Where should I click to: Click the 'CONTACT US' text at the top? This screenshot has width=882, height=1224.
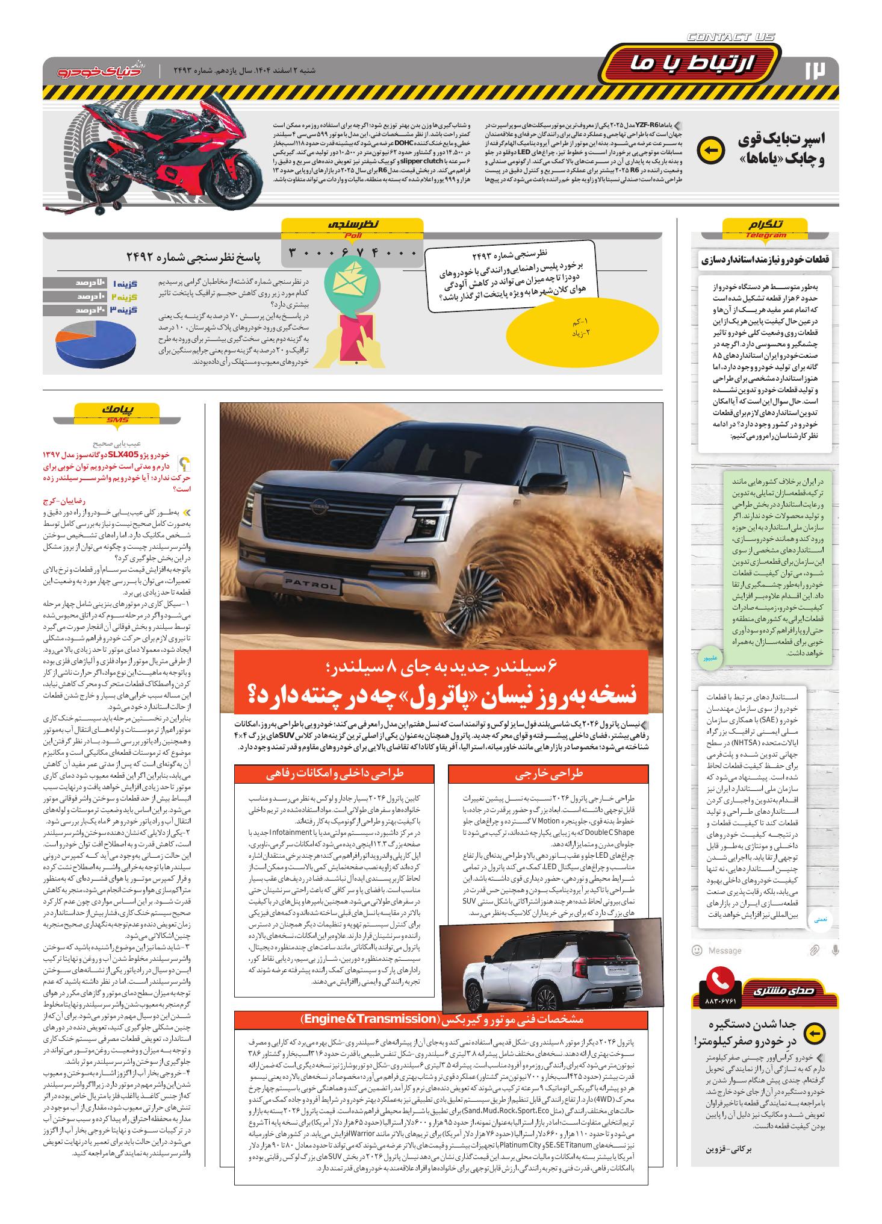pyautogui.click(x=730, y=37)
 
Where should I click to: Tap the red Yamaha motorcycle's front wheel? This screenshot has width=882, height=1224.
pyautogui.click(x=234, y=180)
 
